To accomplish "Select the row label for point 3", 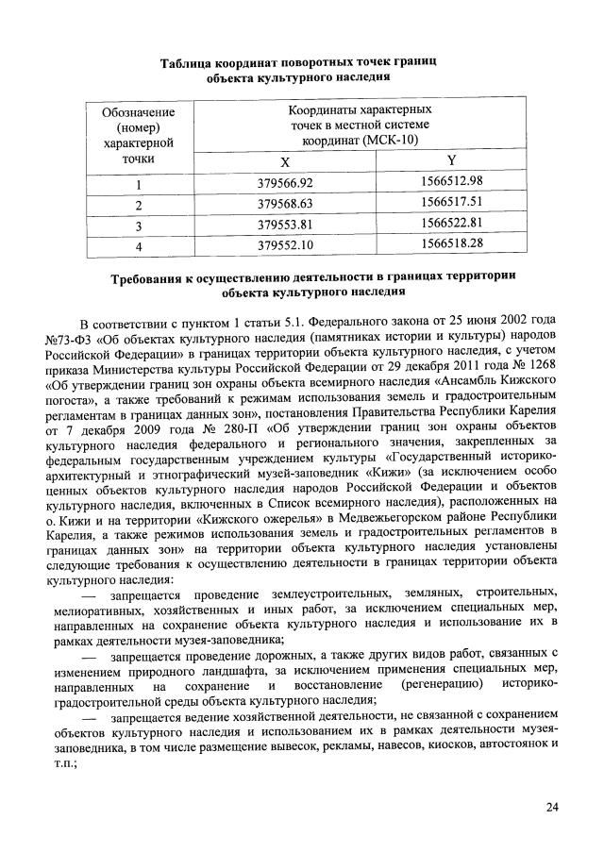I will point(138,225).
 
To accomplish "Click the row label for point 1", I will point(138,183).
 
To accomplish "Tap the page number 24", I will point(551,807).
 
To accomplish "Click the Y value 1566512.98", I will point(451,181).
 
